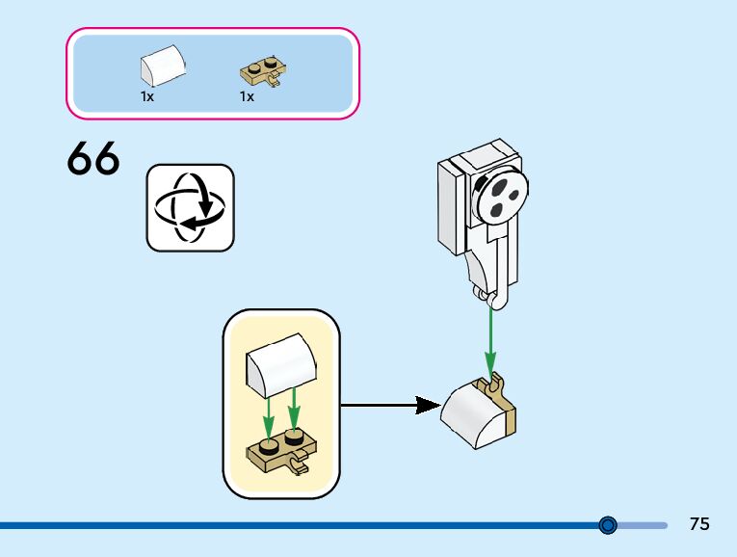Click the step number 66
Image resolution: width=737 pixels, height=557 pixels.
(93, 159)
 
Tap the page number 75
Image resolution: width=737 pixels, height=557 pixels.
(699, 524)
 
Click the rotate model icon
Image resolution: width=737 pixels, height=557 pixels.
(190, 207)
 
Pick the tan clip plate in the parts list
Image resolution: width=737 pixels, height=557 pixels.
(261, 72)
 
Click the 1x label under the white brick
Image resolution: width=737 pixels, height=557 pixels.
(147, 97)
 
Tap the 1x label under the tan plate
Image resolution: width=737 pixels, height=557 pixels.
(247, 97)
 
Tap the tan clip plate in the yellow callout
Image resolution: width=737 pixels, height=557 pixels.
(283, 452)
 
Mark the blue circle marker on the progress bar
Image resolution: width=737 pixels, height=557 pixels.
(608, 525)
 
